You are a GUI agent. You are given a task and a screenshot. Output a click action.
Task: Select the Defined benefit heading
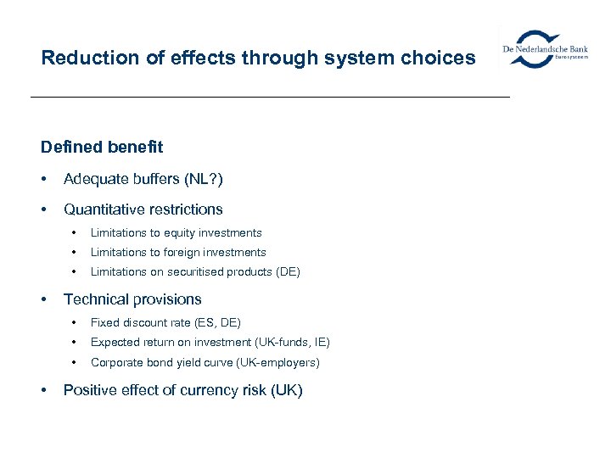coord(102,147)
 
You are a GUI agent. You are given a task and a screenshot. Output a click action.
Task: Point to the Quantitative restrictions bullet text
coord(143,209)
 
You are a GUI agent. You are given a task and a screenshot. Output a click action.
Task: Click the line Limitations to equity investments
coord(177,232)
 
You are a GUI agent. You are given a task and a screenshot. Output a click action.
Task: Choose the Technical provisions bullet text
coord(132,299)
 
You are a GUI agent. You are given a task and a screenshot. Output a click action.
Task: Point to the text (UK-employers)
coord(280,362)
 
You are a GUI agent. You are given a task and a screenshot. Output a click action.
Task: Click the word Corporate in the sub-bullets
coord(115,362)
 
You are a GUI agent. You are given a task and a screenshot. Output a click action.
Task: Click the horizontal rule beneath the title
coord(270,98)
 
